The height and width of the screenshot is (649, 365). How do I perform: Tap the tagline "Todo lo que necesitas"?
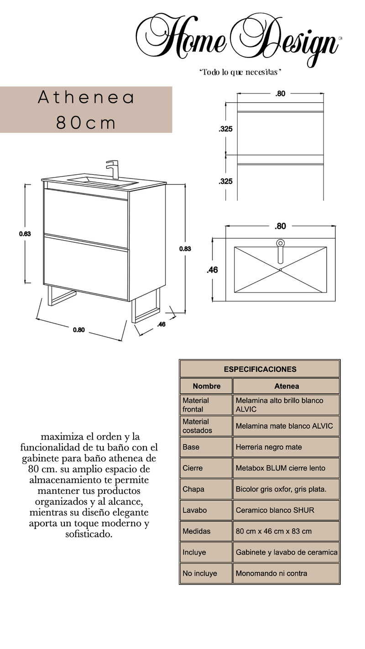pyautogui.click(x=240, y=73)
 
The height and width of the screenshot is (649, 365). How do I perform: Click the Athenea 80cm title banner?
pyautogui.click(x=86, y=110)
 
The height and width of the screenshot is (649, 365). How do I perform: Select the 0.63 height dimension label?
pyautogui.click(x=25, y=234)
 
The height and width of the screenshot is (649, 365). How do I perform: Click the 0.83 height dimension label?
pyautogui.click(x=185, y=249)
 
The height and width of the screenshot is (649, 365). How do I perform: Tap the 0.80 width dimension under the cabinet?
pyautogui.click(x=79, y=330)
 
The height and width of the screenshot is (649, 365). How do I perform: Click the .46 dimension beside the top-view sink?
pyautogui.click(x=212, y=270)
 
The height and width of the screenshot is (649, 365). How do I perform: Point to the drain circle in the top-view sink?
pyautogui.click(x=280, y=243)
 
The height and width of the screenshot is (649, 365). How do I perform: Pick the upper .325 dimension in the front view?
pyautogui.click(x=225, y=129)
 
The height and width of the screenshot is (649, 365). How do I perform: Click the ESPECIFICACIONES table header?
pyautogui.click(x=260, y=369)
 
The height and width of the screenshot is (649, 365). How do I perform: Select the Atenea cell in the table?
pyautogui.click(x=286, y=386)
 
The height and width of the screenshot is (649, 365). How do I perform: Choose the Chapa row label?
pyautogui.click(x=193, y=489)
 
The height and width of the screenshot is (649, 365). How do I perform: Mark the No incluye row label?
pyautogui.click(x=200, y=573)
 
